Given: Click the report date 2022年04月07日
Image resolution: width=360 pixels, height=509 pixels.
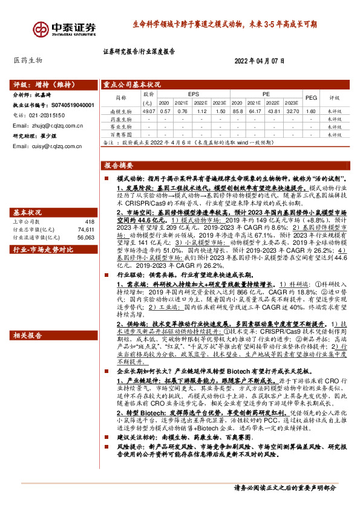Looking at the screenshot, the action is tap(259, 62).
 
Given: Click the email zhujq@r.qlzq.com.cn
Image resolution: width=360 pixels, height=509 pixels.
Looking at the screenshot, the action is tap(48, 125).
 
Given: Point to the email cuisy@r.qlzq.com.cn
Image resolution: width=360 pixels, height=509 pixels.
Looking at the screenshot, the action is tap(48, 145).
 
